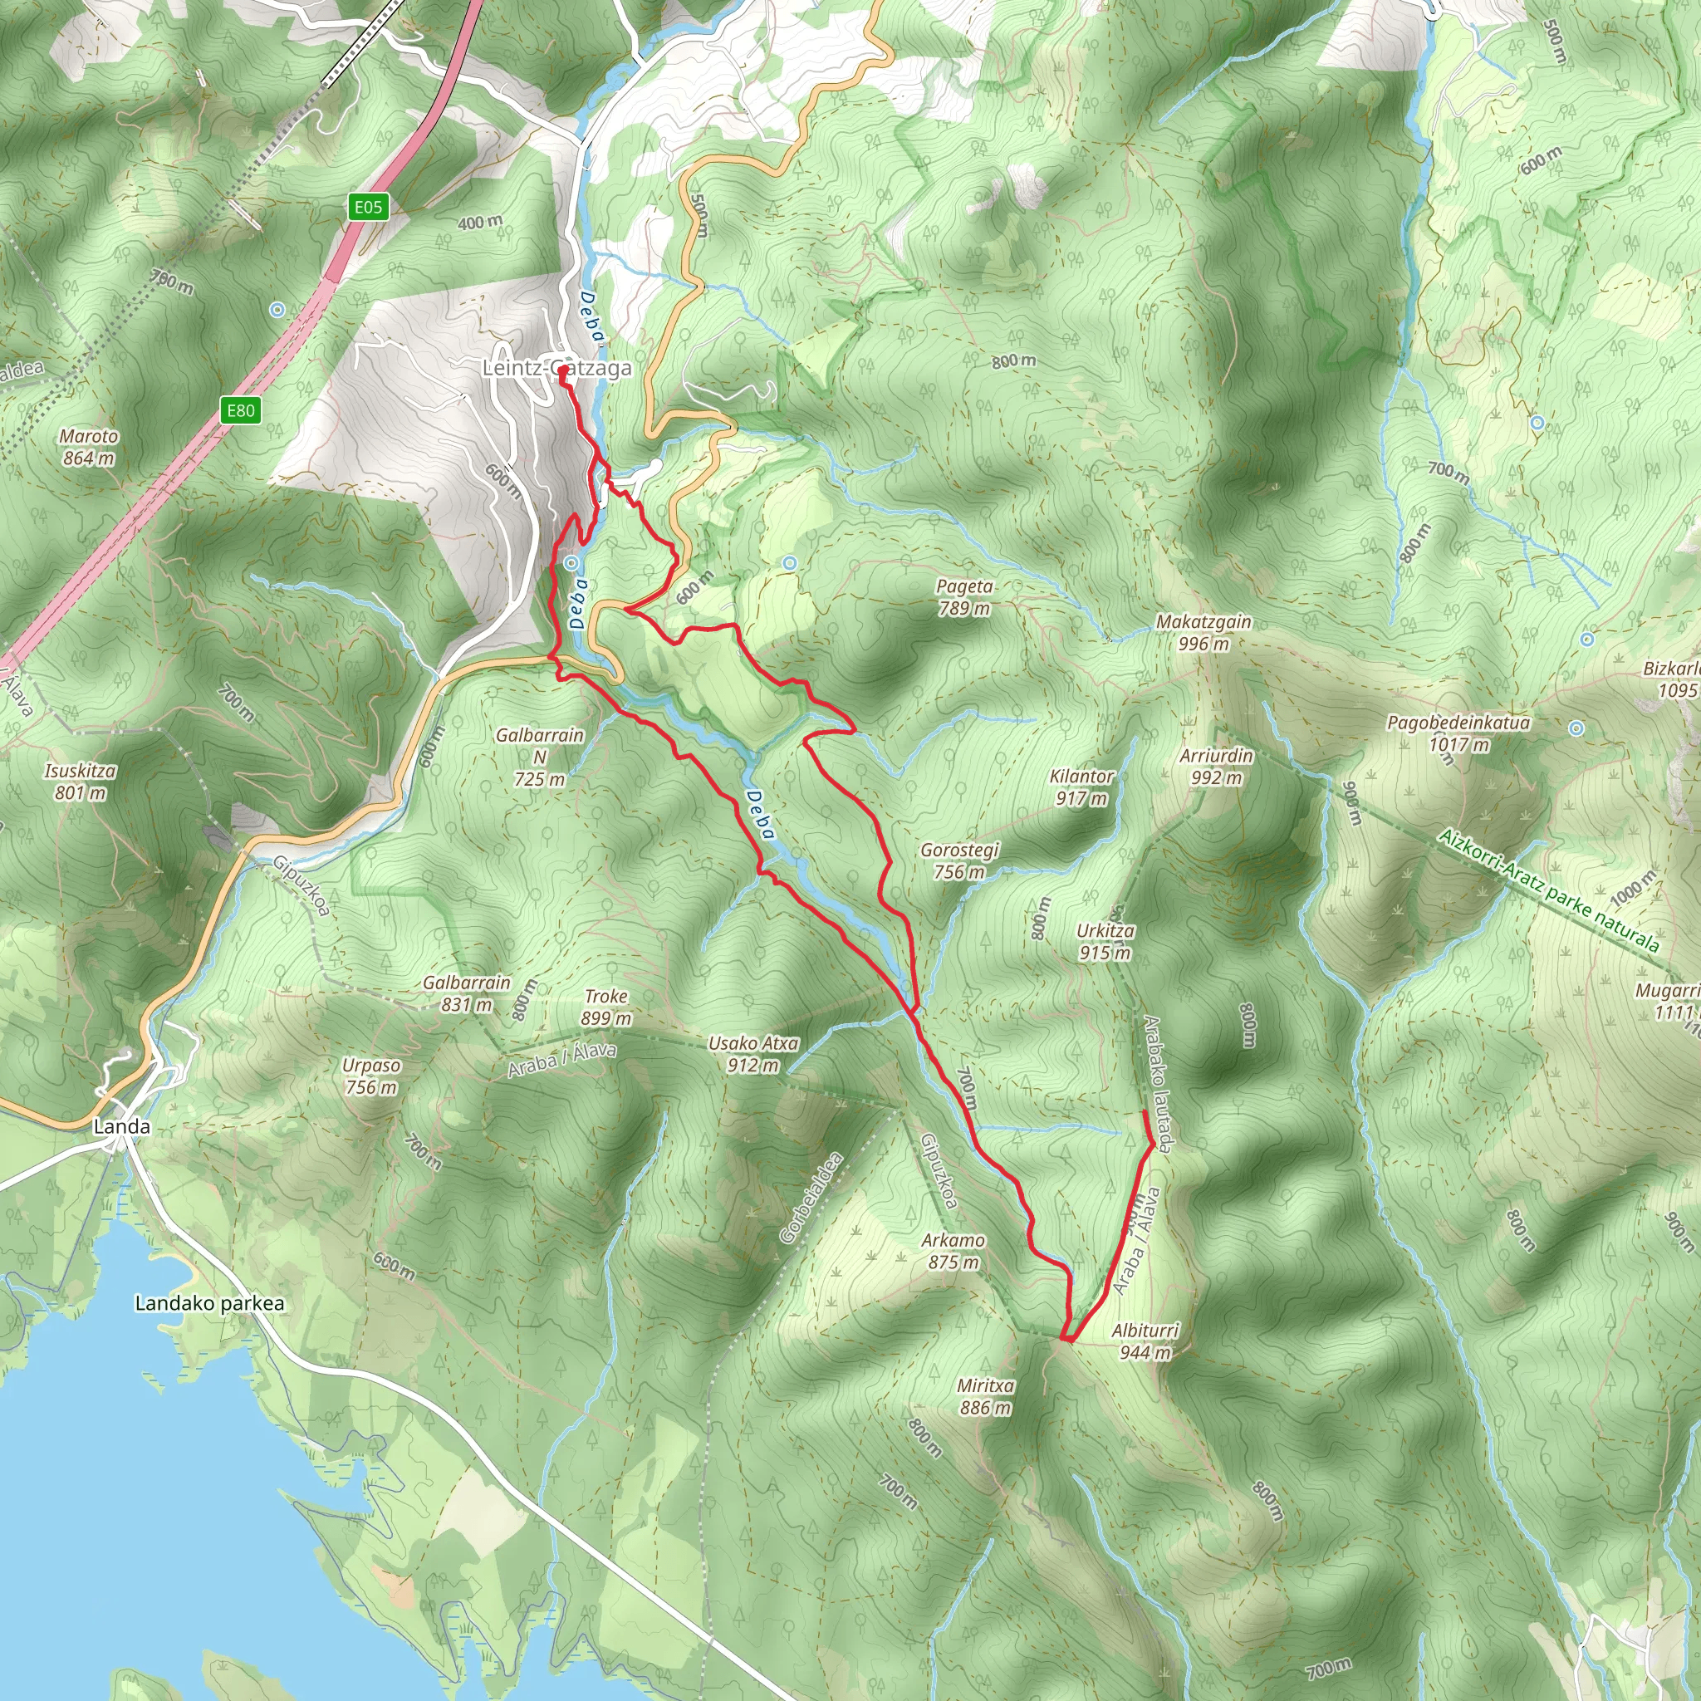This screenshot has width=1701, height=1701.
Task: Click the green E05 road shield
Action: (368, 207)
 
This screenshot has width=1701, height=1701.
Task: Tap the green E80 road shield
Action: (240, 410)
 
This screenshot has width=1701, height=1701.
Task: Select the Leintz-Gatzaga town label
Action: (556, 368)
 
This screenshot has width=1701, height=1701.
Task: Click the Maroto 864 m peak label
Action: (89, 446)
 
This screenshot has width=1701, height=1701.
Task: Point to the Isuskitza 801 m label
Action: (80, 782)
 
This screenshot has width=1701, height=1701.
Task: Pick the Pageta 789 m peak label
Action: (964, 597)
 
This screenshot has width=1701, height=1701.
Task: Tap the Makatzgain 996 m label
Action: (1203, 632)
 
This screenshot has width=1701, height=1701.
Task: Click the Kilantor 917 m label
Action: (1081, 787)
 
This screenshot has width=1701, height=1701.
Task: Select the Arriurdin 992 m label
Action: (1216, 766)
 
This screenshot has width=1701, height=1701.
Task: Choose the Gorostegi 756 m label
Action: (959, 860)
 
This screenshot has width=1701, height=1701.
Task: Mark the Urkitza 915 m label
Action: (1105, 941)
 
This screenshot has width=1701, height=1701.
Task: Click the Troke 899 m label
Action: (605, 1007)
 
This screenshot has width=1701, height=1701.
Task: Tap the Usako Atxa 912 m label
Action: (752, 1054)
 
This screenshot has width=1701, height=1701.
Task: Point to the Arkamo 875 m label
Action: (953, 1250)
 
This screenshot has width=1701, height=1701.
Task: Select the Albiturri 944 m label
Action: (1145, 1341)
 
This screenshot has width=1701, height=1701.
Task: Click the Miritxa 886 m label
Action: (985, 1396)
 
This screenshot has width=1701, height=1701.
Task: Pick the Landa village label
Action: (121, 1126)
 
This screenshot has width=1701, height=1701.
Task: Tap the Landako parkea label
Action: (209, 1303)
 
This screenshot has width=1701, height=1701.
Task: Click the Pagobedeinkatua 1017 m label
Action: (1458, 733)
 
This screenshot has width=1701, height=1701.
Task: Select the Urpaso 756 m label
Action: (371, 1076)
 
